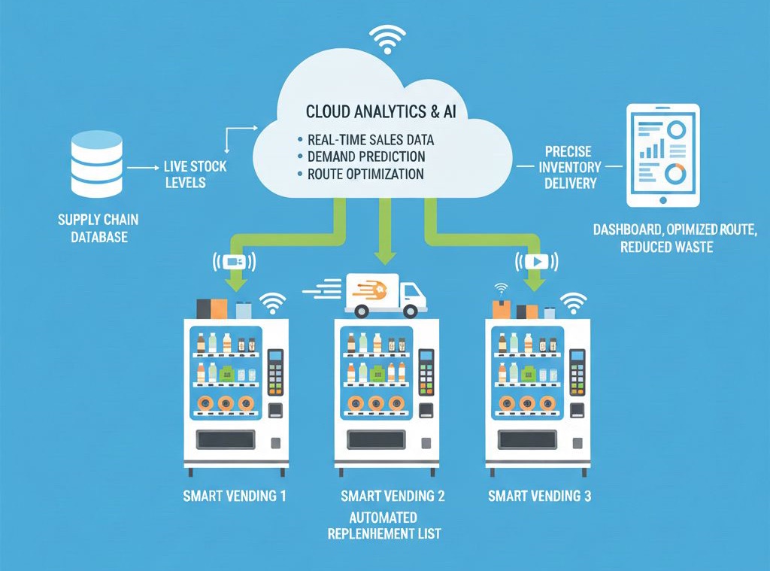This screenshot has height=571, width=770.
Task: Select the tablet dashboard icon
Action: coord(662,156)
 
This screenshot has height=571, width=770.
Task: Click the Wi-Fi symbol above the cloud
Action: coord(386,38)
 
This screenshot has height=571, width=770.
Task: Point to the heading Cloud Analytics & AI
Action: coord(387,112)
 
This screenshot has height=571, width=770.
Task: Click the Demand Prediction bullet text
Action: coord(366,157)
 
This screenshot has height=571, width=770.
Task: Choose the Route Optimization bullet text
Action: coord(365,174)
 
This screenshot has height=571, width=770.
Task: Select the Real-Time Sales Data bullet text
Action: coord(371,140)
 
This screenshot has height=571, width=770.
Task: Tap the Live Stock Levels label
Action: coord(195,174)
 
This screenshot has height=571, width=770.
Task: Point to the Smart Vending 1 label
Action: coord(235,497)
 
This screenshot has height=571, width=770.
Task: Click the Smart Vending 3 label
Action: coord(539,497)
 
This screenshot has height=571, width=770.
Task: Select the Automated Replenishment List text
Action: coord(383,527)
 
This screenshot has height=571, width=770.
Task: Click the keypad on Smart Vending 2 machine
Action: coord(426,372)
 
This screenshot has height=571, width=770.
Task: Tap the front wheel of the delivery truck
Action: coord(410,311)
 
